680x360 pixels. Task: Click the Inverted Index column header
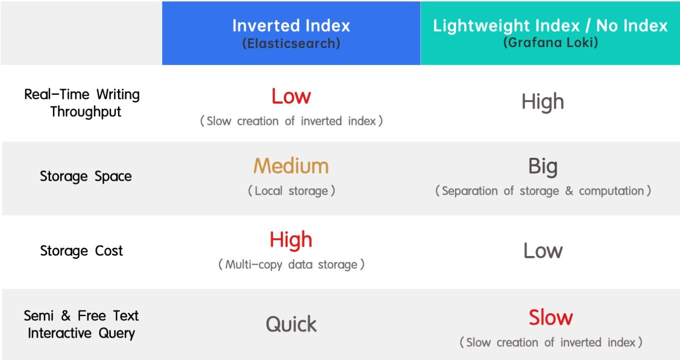pos(291,25)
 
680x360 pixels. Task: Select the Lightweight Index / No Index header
pos(550,25)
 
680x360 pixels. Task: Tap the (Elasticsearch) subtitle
pos(291,43)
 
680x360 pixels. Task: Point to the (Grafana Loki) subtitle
pos(550,42)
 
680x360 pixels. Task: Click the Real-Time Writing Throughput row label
pos(82,103)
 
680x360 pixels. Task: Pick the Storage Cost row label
pos(82,251)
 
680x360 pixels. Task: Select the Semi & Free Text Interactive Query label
pos(82,325)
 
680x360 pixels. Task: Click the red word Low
pos(291,97)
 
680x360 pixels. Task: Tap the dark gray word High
pos(543,102)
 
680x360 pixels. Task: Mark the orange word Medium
pos(291,166)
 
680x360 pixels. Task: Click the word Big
pos(543,167)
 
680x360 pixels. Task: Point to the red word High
pos(291,240)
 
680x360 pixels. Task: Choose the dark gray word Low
pos(543,251)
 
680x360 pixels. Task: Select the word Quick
pos(291,325)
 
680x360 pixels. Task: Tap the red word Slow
pos(551,318)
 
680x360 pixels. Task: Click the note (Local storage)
pos(291,191)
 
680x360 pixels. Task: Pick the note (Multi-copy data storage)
pos(291,265)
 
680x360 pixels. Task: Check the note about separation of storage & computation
pos(543,191)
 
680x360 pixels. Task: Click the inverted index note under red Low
pos(291,121)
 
